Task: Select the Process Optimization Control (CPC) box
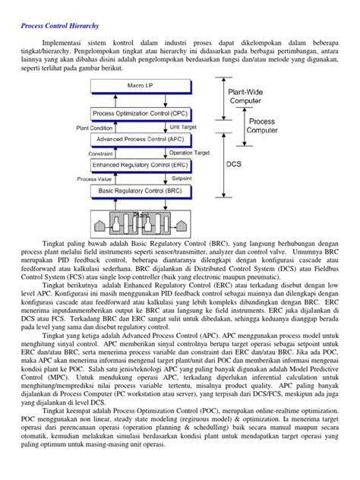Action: [141, 113]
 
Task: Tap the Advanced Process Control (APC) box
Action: [141, 139]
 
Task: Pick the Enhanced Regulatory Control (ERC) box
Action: [141, 164]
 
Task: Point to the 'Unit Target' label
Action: [185, 127]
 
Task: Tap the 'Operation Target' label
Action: [190, 152]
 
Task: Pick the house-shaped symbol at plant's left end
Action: [82, 226]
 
